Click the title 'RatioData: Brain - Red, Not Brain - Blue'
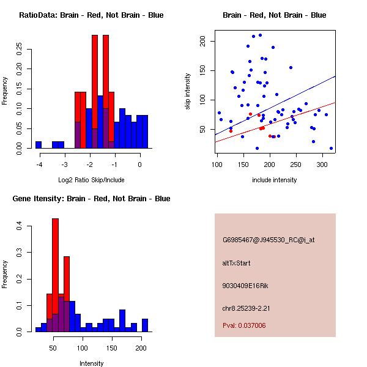tap(91, 15)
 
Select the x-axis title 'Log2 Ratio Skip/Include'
tap(91, 180)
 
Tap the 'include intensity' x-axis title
tap(275, 180)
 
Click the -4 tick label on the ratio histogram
tap(39, 165)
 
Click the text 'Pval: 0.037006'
tap(244, 326)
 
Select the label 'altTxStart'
tap(237, 263)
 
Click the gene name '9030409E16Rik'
tap(242, 286)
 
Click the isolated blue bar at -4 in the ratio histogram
tap(39, 145)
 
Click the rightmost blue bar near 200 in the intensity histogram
tap(145, 325)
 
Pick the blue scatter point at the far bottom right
tap(331, 148)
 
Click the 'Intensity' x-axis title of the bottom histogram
tap(91, 363)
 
